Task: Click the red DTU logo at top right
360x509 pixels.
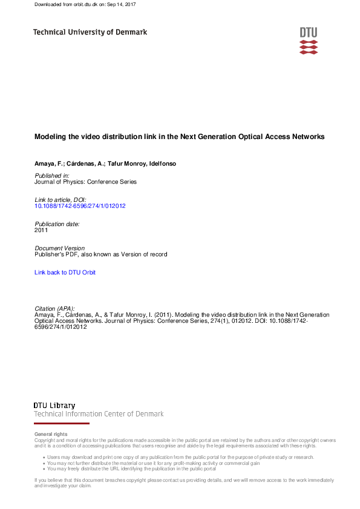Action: (308, 41)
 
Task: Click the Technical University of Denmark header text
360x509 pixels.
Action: (90, 32)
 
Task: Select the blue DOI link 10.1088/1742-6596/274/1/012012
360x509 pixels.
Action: (80, 206)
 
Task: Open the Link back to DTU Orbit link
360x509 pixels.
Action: (65, 273)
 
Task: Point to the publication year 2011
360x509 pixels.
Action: (41, 230)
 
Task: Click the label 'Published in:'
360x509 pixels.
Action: (53, 175)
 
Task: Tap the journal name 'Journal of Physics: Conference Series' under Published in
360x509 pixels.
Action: (86, 182)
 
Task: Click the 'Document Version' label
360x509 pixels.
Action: (60, 248)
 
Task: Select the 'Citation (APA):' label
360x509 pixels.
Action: (55, 309)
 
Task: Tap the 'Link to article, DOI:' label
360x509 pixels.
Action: (61, 199)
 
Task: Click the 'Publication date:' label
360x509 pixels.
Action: (57, 224)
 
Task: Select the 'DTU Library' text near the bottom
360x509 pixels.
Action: (54, 406)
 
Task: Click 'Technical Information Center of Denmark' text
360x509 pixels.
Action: (99, 414)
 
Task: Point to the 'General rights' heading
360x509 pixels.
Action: (51, 434)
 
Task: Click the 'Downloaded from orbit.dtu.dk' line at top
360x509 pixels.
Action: (85, 4)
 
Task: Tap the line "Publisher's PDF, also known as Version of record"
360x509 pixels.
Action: (101, 254)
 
